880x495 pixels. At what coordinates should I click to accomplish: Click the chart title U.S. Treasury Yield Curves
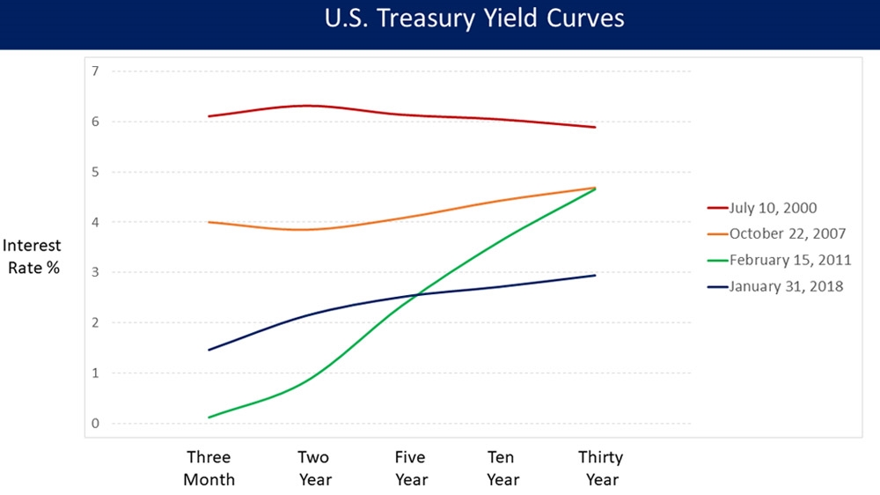[x=474, y=18]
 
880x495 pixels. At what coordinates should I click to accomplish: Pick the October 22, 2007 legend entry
[x=787, y=234]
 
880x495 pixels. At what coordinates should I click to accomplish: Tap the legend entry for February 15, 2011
[x=786, y=260]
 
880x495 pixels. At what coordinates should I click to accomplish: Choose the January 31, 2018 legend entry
[x=785, y=285]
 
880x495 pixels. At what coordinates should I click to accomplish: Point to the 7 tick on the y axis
[x=94, y=70]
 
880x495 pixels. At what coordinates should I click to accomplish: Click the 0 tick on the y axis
[x=94, y=424]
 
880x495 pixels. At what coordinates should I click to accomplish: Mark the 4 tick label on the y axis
[x=94, y=222]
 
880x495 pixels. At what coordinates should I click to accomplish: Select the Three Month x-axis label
[x=209, y=469]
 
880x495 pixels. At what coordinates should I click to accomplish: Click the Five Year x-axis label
[x=410, y=469]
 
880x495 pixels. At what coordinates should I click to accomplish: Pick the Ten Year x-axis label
[x=503, y=469]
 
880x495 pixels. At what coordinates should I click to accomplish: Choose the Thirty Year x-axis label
[x=600, y=469]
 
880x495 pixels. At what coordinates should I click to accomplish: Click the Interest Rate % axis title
[x=33, y=257]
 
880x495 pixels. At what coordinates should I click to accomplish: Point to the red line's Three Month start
[x=209, y=116]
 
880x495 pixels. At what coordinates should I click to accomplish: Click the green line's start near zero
[x=209, y=417]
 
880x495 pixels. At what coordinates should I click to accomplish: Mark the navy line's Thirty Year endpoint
[x=595, y=276]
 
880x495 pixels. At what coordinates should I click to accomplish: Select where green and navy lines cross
[x=421, y=293]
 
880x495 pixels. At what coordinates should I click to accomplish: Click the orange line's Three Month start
[x=209, y=222]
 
